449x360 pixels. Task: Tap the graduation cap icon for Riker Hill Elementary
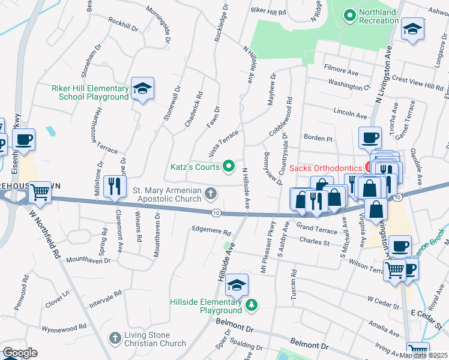[x=142, y=89]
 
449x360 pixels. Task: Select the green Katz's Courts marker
[x=228, y=166]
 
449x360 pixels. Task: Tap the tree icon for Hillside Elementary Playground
[x=252, y=306]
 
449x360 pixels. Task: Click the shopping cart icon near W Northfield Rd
[x=40, y=193]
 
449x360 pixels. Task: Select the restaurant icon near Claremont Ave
[x=114, y=187]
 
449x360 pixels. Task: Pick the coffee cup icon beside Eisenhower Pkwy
[x=23, y=140]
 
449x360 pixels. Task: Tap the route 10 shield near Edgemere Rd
[x=215, y=212]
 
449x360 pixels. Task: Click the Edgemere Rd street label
[x=211, y=230]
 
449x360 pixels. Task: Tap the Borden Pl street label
[x=318, y=137]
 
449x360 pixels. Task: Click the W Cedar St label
[x=383, y=298]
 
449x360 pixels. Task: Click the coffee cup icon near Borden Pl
[x=370, y=138]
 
